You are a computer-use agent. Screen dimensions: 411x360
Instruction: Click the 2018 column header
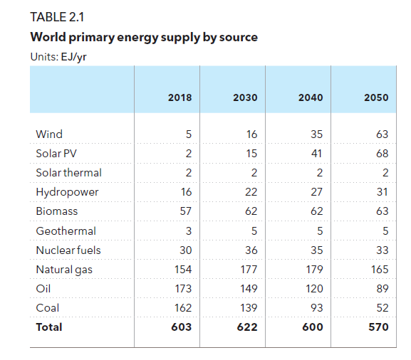point(180,97)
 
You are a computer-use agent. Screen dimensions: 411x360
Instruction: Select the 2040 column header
point(311,97)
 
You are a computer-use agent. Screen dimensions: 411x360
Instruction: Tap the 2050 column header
point(376,97)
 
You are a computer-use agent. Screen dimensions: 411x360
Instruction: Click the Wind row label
point(49,134)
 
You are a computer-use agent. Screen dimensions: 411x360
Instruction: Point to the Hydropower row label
point(67,192)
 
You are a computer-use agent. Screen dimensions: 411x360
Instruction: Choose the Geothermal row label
point(66,231)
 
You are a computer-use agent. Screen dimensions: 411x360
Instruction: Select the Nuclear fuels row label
point(68,250)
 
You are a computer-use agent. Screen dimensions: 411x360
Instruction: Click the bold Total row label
point(49,327)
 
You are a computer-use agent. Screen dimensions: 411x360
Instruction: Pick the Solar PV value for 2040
point(317,154)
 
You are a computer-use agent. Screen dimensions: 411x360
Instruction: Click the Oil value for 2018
point(183,289)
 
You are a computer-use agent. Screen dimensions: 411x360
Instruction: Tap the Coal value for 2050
point(383,308)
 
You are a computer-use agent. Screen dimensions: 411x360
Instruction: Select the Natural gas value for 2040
point(315,270)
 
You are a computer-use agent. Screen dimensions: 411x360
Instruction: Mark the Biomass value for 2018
point(186,211)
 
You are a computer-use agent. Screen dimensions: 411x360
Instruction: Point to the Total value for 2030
point(247,327)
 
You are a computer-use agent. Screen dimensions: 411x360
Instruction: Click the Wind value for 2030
point(251,134)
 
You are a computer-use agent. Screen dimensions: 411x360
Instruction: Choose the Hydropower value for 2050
point(383,192)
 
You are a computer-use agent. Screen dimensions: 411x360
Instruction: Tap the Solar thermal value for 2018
point(189,173)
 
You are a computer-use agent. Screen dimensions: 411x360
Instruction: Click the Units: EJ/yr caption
point(58,57)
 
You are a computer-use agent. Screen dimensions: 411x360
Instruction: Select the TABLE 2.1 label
point(57,17)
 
